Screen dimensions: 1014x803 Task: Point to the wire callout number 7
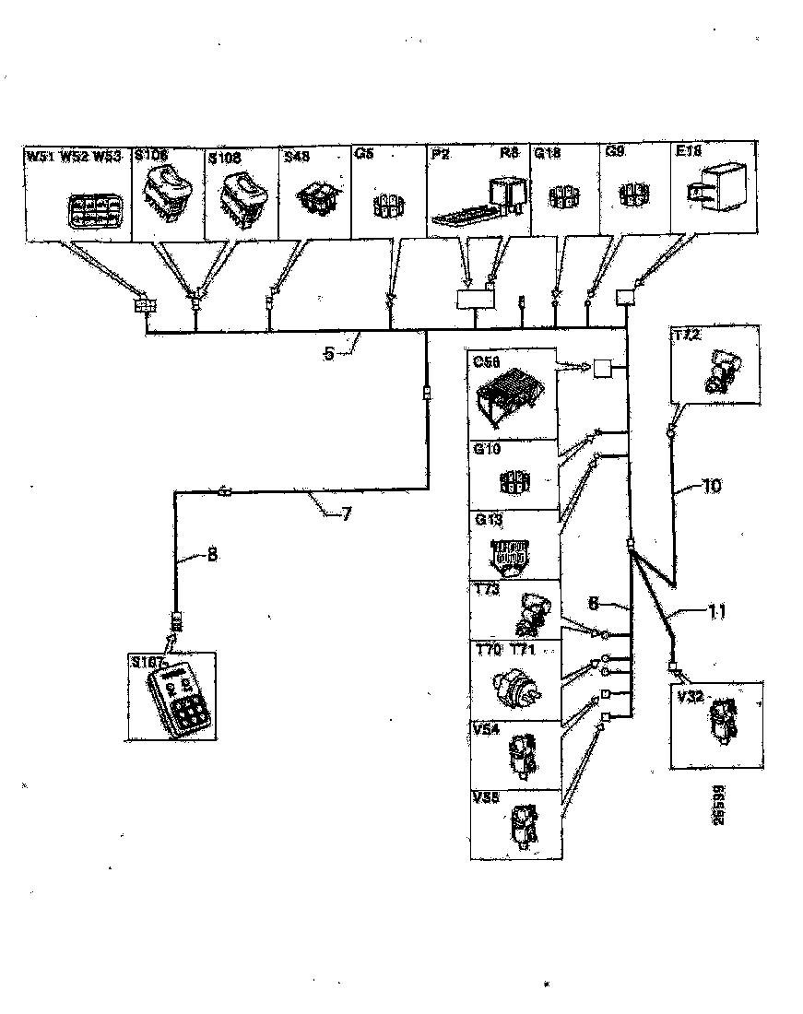tap(346, 514)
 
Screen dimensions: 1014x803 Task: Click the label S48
tap(297, 158)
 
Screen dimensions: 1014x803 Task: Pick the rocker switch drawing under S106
tap(168, 193)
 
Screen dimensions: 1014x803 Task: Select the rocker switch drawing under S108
tap(242, 196)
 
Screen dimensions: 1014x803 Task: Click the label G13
tap(487, 520)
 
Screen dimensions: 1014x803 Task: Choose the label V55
tap(486, 798)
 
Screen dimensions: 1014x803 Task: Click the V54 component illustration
tap(519, 757)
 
